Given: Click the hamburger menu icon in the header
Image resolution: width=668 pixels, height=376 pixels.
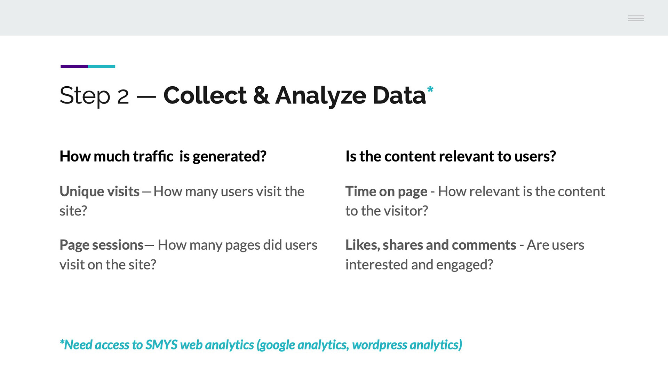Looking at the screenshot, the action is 636,18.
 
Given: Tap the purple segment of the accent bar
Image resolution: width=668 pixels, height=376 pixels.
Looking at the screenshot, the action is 74,66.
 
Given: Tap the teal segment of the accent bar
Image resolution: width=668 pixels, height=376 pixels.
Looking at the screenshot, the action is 102,66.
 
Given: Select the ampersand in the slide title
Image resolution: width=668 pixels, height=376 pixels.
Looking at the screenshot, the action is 261,95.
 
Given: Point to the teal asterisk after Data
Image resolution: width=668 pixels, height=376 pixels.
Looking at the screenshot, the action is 430,89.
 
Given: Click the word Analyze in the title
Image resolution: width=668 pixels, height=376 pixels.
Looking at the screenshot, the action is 320,96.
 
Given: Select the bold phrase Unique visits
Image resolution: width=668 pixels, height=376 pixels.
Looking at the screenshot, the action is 100,192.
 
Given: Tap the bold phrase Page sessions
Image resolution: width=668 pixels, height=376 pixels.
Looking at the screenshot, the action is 102,245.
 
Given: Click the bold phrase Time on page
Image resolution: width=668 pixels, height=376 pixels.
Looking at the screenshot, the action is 386,192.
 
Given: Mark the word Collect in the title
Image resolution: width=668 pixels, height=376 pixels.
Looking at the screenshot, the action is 205,95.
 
